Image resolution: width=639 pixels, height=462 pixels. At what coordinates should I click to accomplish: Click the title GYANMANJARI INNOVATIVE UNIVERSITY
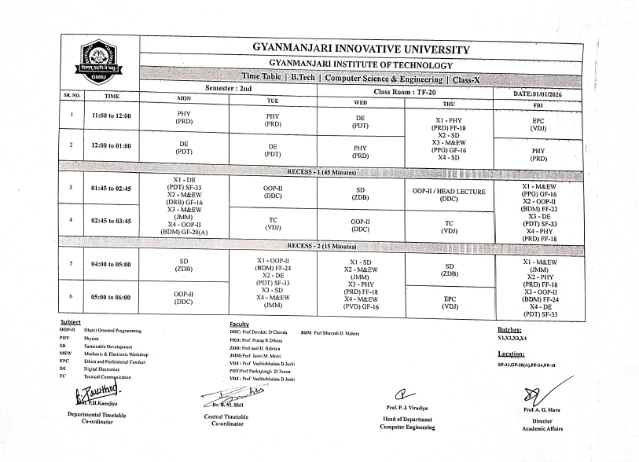pyautogui.click(x=361, y=49)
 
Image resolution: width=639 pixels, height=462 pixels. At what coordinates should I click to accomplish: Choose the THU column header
pyautogui.click(x=449, y=103)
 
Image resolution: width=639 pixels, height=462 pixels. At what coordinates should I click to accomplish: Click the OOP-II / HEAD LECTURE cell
pyautogui.click(x=449, y=195)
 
